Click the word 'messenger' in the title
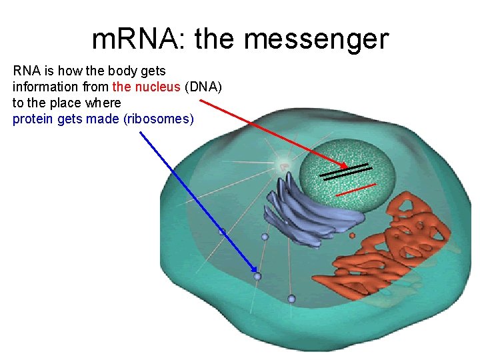(x=316, y=40)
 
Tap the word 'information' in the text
(x=44, y=86)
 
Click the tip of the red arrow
(x=346, y=167)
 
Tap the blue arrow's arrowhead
(x=256, y=273)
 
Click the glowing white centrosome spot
(x=283, y=166)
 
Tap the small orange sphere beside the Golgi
(x=352, y=235)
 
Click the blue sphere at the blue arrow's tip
(x=258, y=276)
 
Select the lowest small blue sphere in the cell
(x=291, y=299)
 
